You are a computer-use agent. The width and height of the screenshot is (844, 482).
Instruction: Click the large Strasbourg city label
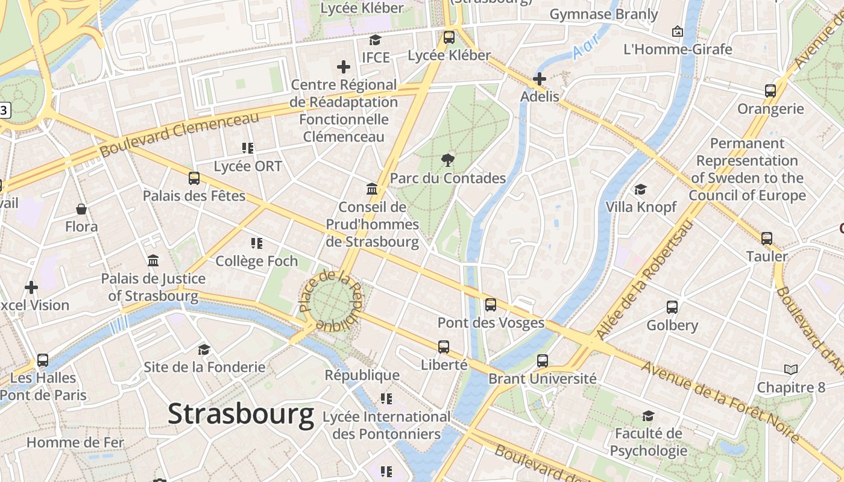coord(241,415)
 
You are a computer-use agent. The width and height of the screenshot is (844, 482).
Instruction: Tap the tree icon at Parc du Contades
coord(447,160)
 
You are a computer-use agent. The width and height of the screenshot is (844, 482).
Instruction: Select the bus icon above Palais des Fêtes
coord(194,178)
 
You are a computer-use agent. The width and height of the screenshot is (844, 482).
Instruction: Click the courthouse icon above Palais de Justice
coord(153,261)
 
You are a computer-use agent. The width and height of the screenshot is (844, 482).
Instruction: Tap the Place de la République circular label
coord(331,300)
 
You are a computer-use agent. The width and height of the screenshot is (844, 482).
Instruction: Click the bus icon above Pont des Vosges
coord(491,305)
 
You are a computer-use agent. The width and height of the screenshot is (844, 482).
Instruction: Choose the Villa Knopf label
coord(641,207)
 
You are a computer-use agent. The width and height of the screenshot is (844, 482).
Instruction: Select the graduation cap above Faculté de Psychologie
coord(648,416)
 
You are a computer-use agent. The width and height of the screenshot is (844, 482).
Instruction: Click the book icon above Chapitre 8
coord(790,369)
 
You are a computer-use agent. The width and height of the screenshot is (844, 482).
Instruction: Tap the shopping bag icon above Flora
coord(81,209)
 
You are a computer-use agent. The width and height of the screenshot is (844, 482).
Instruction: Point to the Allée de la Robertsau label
coord(644,280)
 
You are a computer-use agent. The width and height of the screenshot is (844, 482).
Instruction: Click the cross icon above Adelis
coord(540,79)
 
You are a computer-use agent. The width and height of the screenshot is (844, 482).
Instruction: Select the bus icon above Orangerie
coord(770,91)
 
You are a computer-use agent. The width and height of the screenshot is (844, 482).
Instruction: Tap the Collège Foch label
coord(257,261)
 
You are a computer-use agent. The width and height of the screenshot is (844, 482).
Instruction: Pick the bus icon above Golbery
coord(672,307)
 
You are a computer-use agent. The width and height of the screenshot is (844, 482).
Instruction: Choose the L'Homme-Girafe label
coord(678,49)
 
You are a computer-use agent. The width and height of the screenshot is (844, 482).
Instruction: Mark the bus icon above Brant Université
coord(543,361)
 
